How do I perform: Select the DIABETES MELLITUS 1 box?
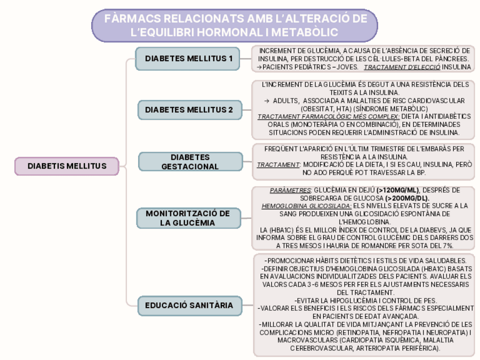pos(188,58)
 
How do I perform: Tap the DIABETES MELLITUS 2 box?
pos(188,110)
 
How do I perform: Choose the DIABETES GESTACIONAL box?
pos(190,161)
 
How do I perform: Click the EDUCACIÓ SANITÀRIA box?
pos(188,305)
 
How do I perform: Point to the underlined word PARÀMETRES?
pos(289,190)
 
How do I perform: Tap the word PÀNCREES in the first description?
pos(449,59)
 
